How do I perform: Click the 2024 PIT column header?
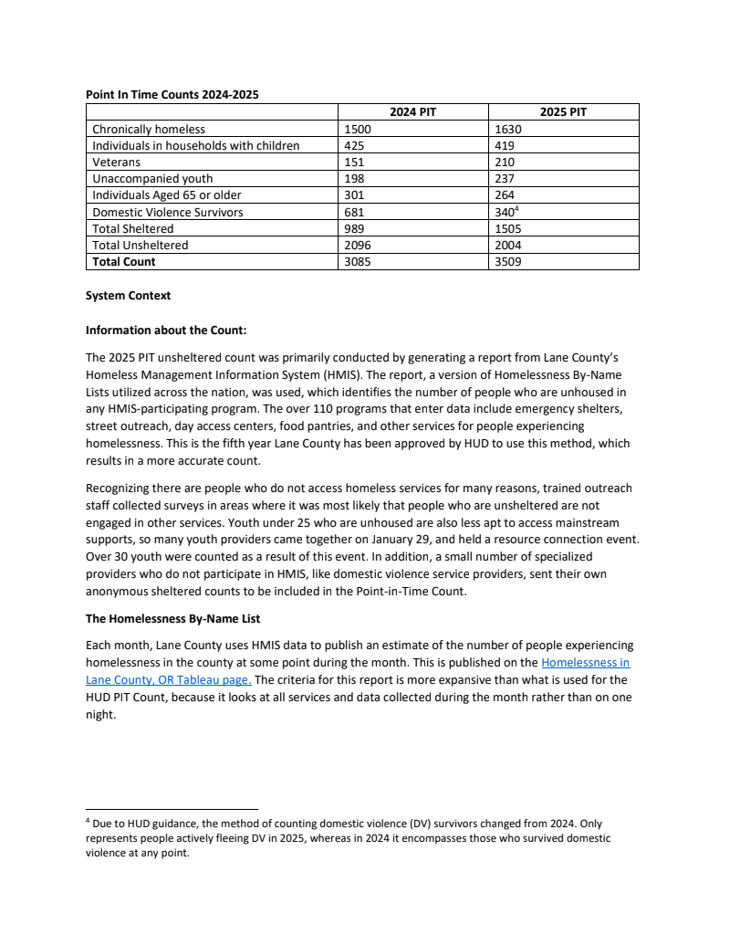point(412,112)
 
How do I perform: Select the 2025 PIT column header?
point(563,112)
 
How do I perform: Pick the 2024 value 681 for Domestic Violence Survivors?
point(353,212)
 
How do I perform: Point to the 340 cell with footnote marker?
point(505,212)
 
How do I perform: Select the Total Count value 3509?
point(506,262)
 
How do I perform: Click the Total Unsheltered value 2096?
point(357,246)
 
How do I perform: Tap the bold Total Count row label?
point(124,262)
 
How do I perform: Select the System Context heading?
point(128,296)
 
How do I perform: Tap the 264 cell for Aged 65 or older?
point(503,195)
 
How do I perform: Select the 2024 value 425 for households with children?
point(353,146)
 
